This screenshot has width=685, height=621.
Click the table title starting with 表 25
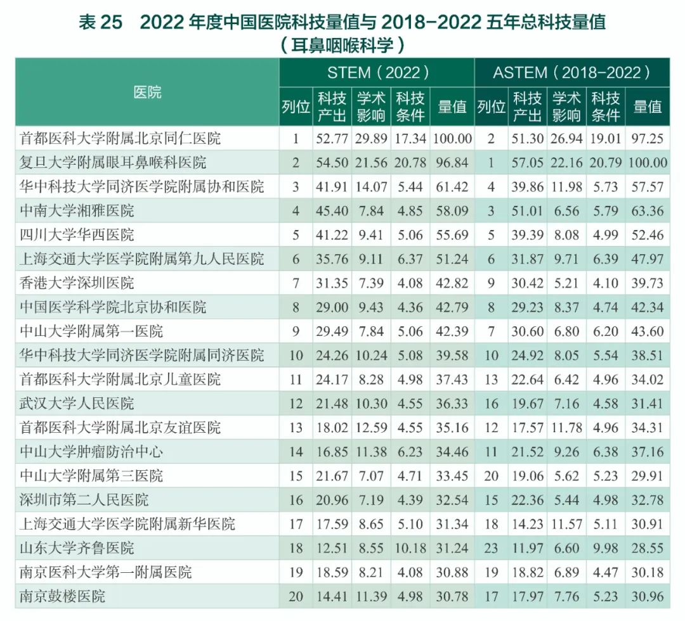coord(342,22)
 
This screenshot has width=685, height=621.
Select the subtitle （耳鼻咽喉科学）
coord(342,45)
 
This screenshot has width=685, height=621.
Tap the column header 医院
coord(147,93)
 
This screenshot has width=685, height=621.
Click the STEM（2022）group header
coord(377,72)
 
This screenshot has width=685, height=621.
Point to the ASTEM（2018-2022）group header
coord(571,72)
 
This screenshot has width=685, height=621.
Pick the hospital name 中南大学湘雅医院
coord(77,210)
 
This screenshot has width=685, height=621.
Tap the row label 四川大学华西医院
coord(77,234)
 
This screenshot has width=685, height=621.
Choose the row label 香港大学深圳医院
coord(77,283)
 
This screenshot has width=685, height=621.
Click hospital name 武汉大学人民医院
coord(77,403)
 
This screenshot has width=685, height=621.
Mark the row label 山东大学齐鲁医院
coord(77,547)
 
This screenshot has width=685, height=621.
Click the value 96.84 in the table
coord(452,162)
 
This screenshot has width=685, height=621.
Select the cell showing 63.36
coord(648,210)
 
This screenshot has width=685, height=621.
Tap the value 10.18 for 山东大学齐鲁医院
coord(410,547)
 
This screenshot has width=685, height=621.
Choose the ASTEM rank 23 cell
coord(491,547)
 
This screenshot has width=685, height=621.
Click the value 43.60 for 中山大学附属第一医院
coord(648,331)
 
